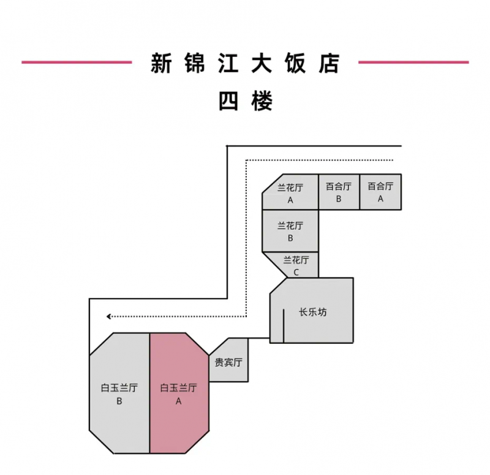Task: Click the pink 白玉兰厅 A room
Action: pyautogui.click(x=179, y=393)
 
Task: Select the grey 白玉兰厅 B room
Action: pyautogui.click(x=119, y=393)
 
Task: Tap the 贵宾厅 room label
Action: pyautogui.click(x=228, y=362)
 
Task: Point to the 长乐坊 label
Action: pyautogui.click(x=313, y=312)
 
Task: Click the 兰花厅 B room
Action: pyautogui.click(x=290, y=231)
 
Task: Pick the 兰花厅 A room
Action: pyautogui.click(x=290, y=192)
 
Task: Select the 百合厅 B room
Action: pyautogui.click(x=339, y=192)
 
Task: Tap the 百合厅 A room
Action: pyautogui.click(x=380, y=192)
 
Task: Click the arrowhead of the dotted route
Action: pyautogui.click(x=109, y=316)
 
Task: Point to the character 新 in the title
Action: pyautogui.click(x=161, y=63)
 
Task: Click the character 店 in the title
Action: pyautogui.click(x=329, y=63)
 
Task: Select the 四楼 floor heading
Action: pyautogui.click(x=246, y=101)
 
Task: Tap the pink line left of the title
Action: pyautogui.click(x=77, y=63)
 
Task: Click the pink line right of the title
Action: pyautogui.click(x=413, y=63)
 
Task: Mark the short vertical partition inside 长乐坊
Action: pyautogui.click(x=284, y=326)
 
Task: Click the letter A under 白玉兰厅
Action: pyautogui.click(x=178, y=401)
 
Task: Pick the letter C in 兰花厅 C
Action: pyautogui.click(x=296, y=272)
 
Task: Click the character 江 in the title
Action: pyautogui.click(x=228, y=63)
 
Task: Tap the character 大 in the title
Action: pyautogui.click(x=262, y=63)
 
